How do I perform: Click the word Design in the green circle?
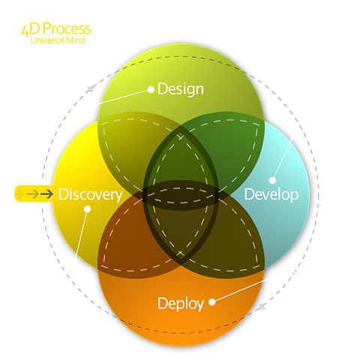[181, 89]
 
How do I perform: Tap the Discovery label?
[90, 194]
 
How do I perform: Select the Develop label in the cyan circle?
[271, 194]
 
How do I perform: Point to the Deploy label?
[181, 304]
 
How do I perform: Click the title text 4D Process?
[56, 28]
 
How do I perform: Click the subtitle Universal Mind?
[58, 40]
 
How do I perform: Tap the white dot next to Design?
[151, 89]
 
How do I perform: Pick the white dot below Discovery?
[87, 208]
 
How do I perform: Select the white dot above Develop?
[272, 180]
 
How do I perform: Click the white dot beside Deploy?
[212, 302]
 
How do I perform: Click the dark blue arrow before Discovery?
[46, 193]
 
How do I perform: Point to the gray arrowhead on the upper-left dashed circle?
[91, 88]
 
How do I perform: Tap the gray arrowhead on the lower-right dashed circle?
[261, 307]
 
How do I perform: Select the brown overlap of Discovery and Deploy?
[125, 238]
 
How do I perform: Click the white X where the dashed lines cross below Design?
[180, 136]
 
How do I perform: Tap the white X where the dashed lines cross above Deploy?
[180, 253]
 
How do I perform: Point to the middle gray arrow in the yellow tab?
[33, 193]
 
